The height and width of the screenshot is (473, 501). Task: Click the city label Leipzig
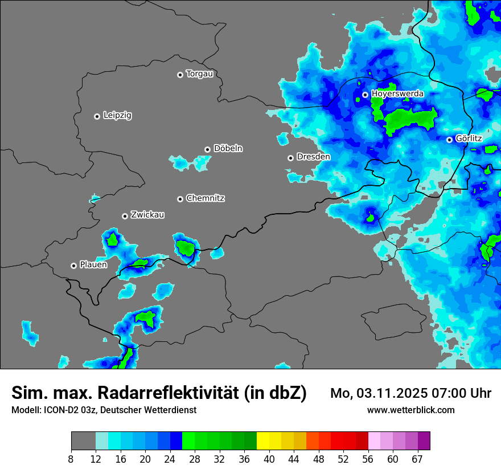(117, 116)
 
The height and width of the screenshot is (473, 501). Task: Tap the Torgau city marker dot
(180, 75)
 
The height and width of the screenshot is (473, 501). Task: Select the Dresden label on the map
(313, 157)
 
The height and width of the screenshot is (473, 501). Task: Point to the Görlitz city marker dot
(449, 140)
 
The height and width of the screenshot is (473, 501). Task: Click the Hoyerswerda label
(397, 93)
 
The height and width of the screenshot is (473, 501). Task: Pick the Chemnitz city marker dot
(180, 199)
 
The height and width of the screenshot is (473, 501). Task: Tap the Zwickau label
(147, 215)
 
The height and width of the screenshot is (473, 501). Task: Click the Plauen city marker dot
(73, 266)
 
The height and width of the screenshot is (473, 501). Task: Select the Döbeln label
(228, 149)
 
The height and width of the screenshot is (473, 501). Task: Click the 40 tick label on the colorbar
(269, 459)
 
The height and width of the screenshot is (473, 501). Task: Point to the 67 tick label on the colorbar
(417, 459)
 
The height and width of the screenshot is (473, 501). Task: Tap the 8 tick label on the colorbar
(71, 459)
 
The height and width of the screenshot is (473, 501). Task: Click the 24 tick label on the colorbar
(170, 459)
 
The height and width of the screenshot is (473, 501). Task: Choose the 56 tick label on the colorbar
(368, 459)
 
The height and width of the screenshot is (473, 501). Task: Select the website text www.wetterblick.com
(410, 410)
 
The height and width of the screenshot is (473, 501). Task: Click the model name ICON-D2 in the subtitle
(60, 410)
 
